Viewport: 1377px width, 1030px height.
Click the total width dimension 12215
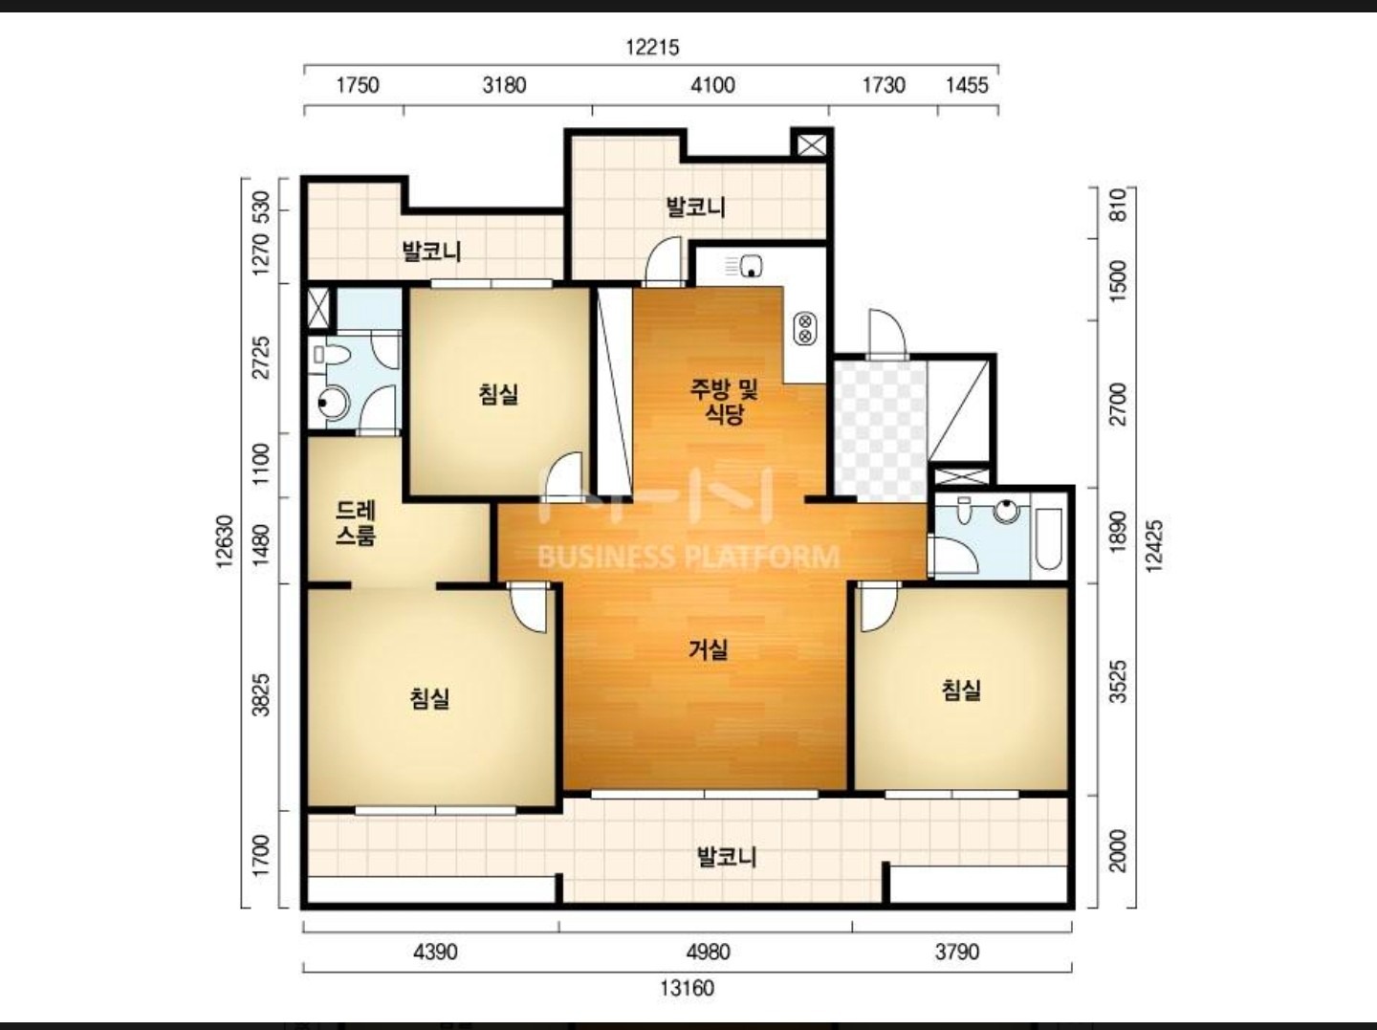(652, 48)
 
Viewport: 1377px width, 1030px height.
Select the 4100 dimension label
(712, 85)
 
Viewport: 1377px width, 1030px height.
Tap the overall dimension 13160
(687, 989)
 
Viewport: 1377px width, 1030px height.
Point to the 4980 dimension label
(709, 953)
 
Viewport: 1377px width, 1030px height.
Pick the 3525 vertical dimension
(1118, 681)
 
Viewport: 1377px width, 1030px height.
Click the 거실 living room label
(709, 649)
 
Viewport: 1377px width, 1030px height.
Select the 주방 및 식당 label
(725, 402)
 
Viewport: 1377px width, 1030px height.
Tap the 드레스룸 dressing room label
(356, 523)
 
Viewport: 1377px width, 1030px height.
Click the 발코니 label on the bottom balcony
(727, 857)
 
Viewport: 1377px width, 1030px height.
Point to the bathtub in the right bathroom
(1048, 538)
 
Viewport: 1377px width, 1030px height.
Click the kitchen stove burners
(804, 329)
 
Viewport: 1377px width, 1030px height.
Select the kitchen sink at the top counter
(751, 266)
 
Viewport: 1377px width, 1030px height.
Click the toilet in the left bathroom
(331, 356)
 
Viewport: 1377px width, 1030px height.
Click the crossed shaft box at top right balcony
(811, 146)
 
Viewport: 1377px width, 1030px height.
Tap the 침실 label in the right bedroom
(961, 690)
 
